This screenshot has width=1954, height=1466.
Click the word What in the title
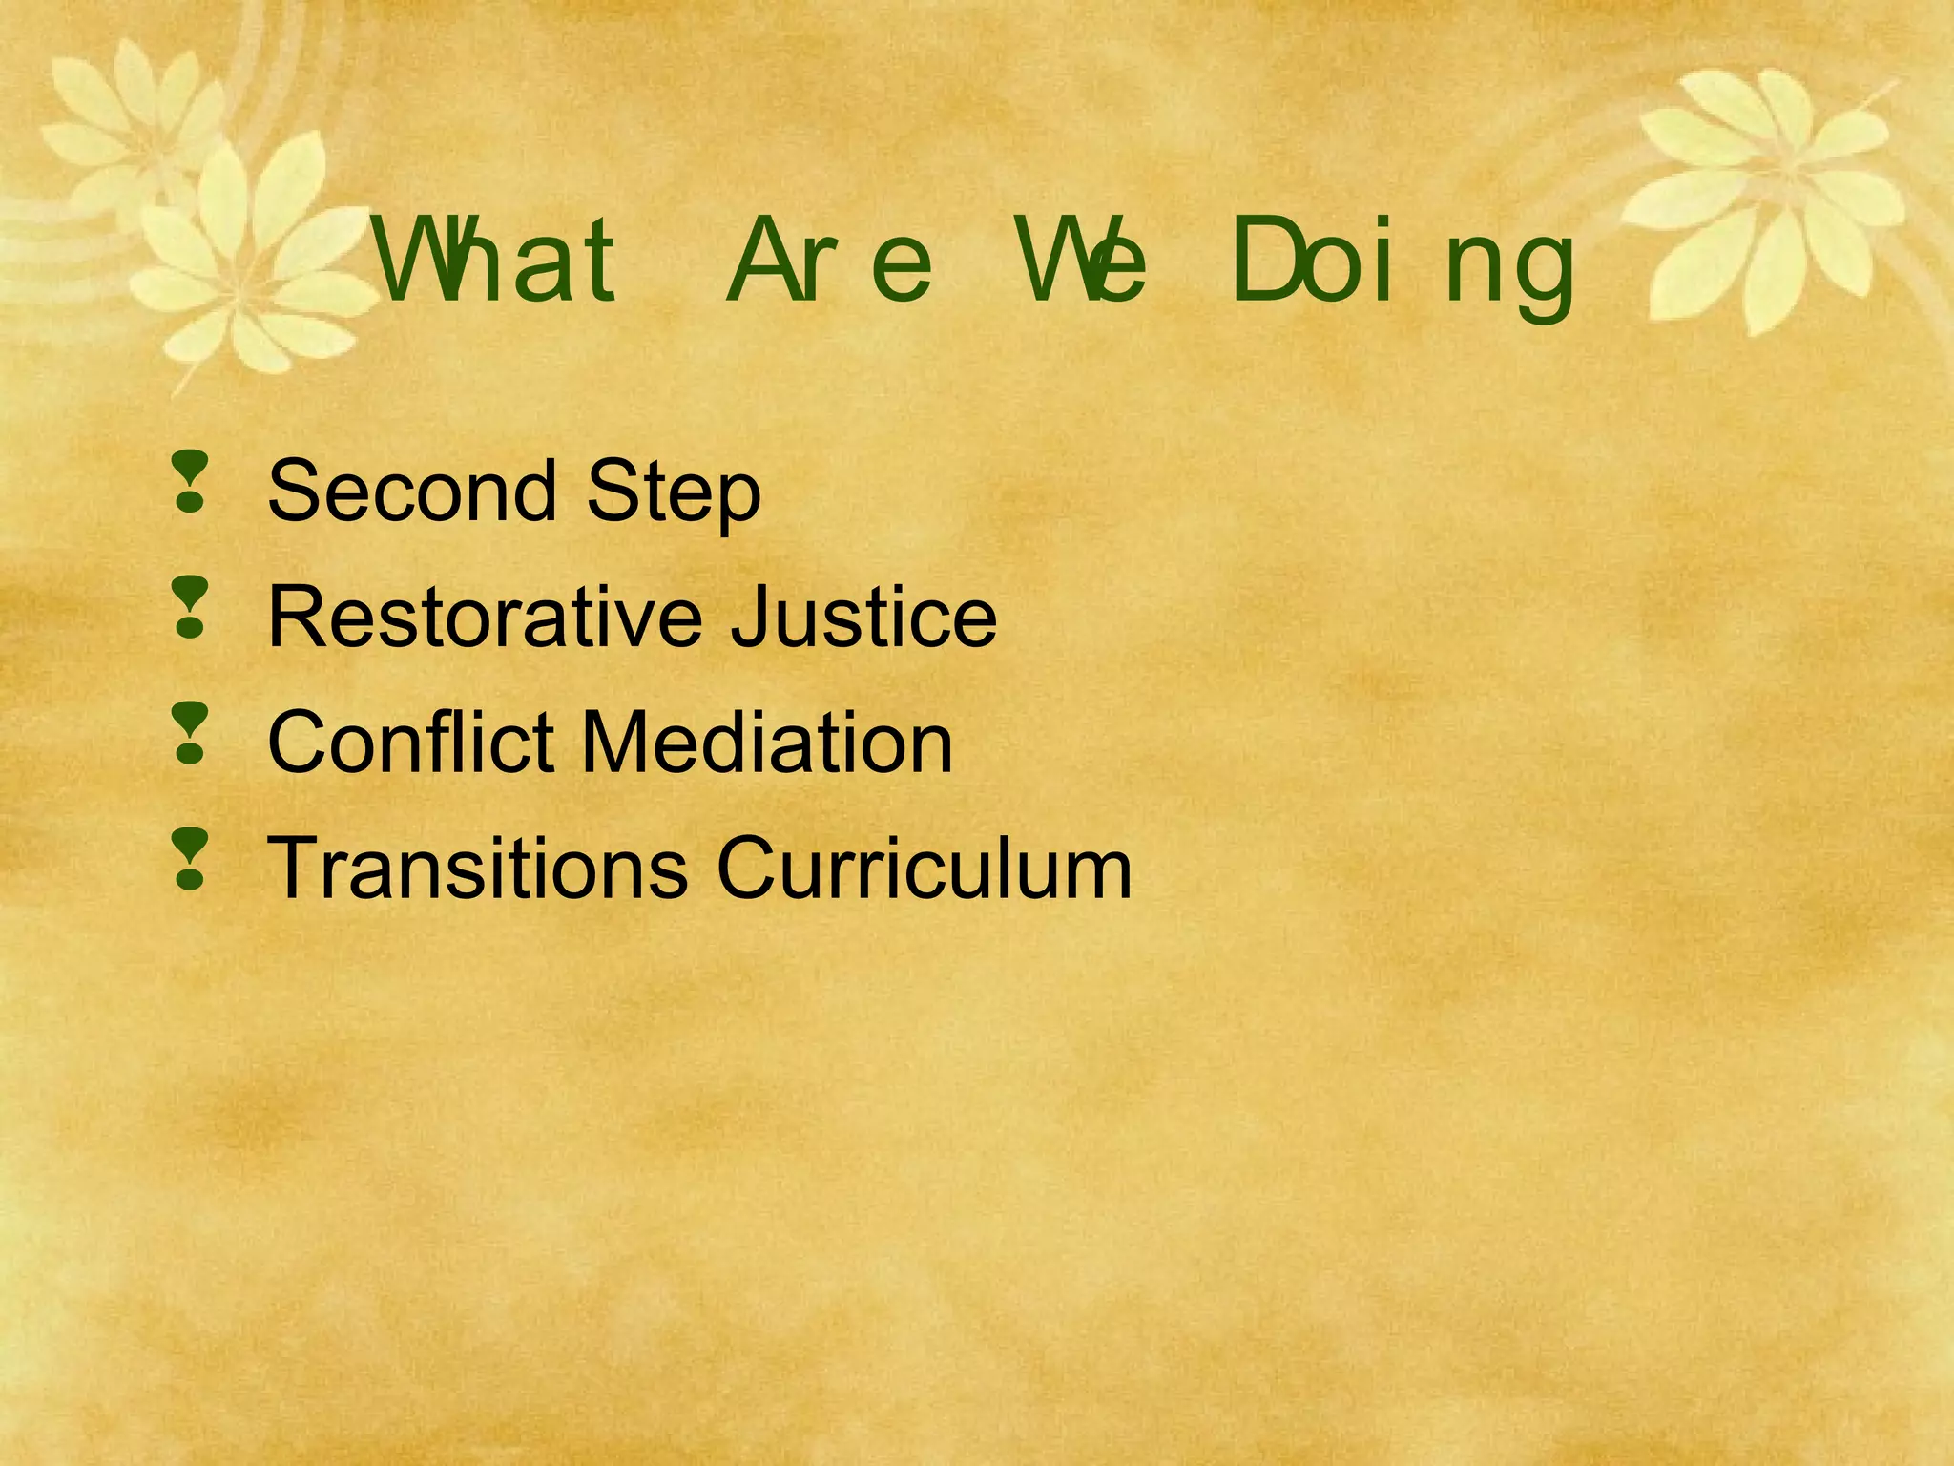click(496, 260)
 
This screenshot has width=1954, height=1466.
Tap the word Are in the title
click(828, 260)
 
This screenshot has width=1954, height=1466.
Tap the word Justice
click(863, 617)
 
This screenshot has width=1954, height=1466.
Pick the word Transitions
click(477, 868)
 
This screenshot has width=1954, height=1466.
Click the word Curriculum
click(924, 868)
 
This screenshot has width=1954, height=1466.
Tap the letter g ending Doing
click(1544, 272)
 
